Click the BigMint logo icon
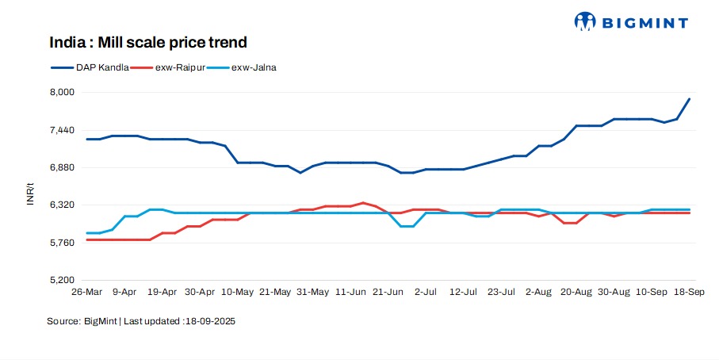(584, 22)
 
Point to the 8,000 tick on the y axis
(63, 92)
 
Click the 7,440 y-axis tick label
(63, 130)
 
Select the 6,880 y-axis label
(63, 167)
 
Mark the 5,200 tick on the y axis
(63, 280)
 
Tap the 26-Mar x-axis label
(86, 293)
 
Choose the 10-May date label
(238, 293)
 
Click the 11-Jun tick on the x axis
(350, 293)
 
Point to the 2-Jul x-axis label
(426, 293)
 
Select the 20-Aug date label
(577, 293)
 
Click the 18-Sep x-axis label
(690, 293)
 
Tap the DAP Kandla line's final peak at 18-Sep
(689, 99)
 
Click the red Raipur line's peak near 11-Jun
(363, 203)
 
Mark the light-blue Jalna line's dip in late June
(407, 226)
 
